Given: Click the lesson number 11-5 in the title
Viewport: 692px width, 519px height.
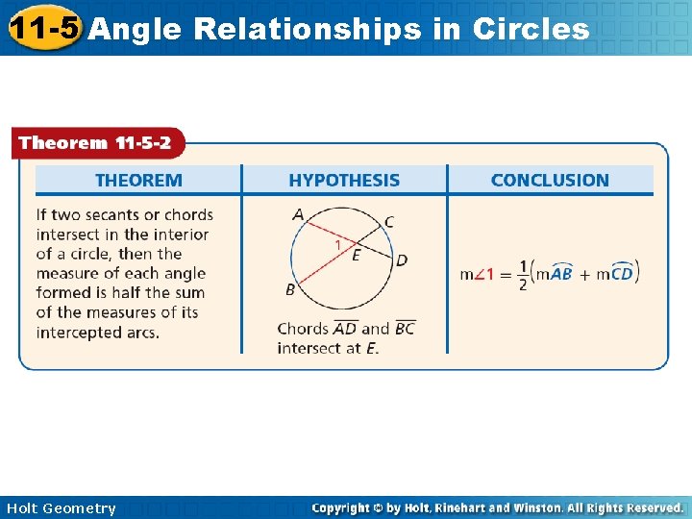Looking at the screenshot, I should [x=43, y=27].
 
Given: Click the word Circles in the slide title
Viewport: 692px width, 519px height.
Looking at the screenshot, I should [x=531, y=29].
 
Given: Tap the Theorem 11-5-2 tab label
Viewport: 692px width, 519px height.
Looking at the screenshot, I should [x=95, y=143].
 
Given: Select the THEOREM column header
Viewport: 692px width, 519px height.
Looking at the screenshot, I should [x=138, y=180].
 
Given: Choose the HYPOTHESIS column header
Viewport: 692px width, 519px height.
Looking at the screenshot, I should [x=344, y=180].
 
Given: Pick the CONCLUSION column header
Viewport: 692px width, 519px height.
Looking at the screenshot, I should [x=550, y=180].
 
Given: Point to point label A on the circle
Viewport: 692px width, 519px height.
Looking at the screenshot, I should [x=298, y=213].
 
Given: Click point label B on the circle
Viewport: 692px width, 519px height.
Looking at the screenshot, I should [x=290, y=289].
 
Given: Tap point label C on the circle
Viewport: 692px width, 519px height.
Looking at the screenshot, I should [x=388, y=222].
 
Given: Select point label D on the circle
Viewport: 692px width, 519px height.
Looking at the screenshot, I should [x=402, y=259].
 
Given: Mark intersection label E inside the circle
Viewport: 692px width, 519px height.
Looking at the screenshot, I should [x=357, y=255].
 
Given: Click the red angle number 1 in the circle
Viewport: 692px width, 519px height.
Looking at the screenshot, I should [x=337, y=245].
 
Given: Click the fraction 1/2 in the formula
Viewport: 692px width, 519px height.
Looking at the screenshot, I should [x=524, y=274].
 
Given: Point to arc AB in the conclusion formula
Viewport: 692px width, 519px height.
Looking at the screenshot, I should [x=560, y=273].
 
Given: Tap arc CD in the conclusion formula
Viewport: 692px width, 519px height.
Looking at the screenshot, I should [x=623, y=273].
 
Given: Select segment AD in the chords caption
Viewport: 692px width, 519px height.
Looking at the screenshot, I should [x=345, y=328].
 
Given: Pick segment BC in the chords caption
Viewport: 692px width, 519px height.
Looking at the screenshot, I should [x=405, y=328].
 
